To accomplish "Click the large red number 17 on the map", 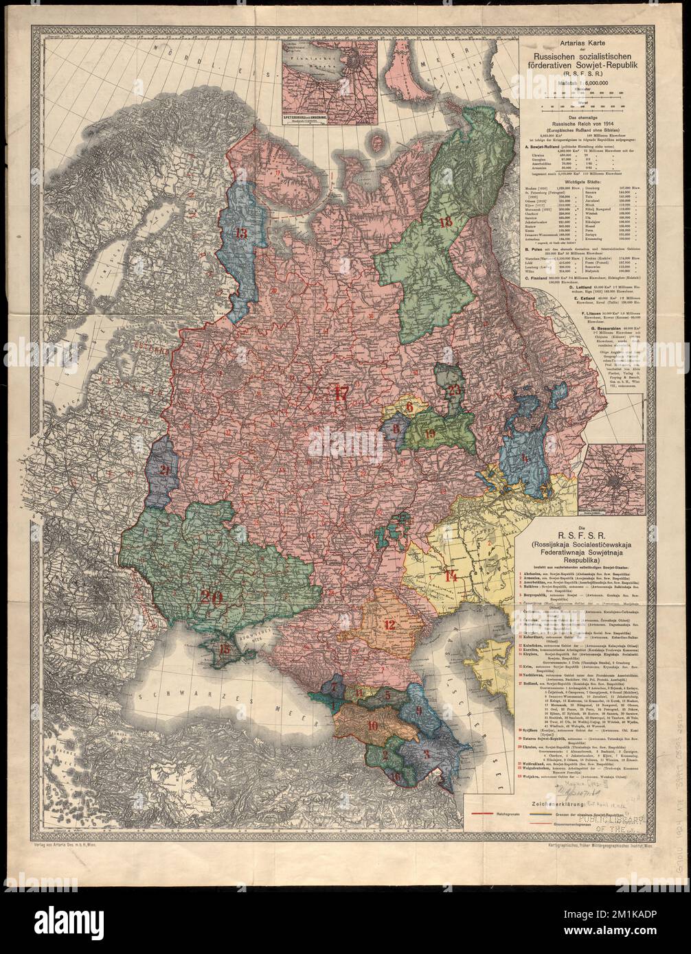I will pyautogui.click(x=341, y=393).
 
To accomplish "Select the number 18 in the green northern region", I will pyautogui.click(x=445, y=222).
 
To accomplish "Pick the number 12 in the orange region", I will pyautogui.click(x=389, y=625).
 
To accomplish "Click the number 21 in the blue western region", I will pyautogui.click(x=165, y=470).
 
